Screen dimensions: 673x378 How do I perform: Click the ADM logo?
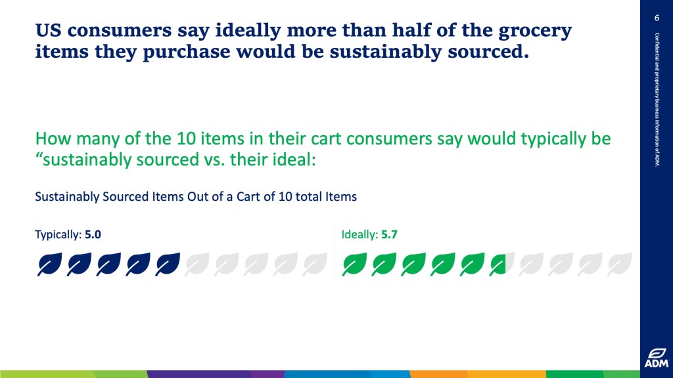click(x=657, y=358)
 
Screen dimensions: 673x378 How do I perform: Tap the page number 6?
click(x=657, y=18)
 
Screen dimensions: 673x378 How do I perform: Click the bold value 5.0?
click(x=93, y=234)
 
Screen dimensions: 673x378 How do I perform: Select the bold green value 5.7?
click(x=389, y=234)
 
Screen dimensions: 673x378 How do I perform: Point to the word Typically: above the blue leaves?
click(x=58, y=235)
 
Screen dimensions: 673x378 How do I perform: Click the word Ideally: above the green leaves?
click(x=360, y=235)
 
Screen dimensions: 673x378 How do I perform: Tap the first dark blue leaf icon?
click(x=49, y=264)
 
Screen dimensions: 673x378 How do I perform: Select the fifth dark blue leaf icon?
click(x=168, y=264)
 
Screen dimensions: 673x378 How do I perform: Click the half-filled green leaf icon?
click(x=501, y=264)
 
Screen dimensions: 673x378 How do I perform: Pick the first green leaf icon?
click(x=354, y=264)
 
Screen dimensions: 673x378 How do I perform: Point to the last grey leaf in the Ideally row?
click(x=619, y=264)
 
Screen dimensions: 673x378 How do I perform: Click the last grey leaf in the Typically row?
click(x=315, y=264)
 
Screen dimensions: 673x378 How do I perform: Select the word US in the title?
click(x=47, y=31)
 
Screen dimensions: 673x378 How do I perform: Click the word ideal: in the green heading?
click(x=294, y=160)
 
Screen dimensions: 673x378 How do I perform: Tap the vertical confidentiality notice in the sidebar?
click(x=657, y=100)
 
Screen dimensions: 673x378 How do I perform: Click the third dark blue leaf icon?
click(x=108, y=264)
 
